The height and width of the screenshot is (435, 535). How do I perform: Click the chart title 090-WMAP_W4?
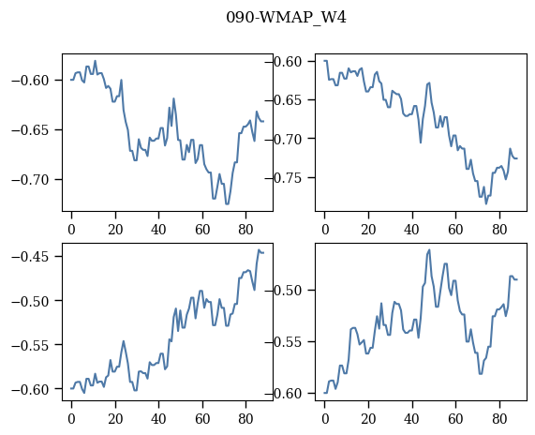click(x=287, y=18)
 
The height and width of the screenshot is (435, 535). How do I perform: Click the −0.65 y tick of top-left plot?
click(x=32, y=130)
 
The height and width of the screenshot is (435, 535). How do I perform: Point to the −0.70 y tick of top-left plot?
click(x=32, y=180)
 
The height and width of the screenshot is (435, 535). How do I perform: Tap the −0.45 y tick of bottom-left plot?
click(x=32, y=257)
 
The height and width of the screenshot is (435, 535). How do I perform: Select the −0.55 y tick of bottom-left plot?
click(x=32, y=345)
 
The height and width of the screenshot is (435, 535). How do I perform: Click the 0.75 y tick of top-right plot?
click(x=288, y=178)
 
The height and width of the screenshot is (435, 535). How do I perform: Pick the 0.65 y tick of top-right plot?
click(x=288, y=100)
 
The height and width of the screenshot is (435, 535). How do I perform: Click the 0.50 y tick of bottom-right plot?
click(x=288, y=291)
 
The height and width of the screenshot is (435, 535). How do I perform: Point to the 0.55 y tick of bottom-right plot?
click(x=288, y=342)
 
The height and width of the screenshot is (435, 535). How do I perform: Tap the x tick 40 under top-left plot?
click(x=158, y=229)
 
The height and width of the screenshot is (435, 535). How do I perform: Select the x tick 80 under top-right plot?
click(x=499, y=229)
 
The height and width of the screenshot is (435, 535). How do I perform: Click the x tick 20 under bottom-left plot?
click(x=115, y=419)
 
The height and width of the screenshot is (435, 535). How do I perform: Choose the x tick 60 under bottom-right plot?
click(x=455, y=419)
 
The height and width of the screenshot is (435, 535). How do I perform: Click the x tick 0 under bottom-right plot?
click(x=325, y=419)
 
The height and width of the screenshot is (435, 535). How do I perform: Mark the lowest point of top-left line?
click(x=228, y=203)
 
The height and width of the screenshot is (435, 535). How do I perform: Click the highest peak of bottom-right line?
click(x=429, y=250)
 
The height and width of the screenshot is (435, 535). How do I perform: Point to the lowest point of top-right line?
click(x=486, y=203)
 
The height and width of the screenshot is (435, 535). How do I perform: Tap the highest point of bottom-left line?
click(x=259, y=250)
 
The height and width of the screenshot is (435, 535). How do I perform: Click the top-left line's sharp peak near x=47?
click(x=173, y=98)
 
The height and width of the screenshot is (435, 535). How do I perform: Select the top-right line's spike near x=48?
click(x=429, y=82)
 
